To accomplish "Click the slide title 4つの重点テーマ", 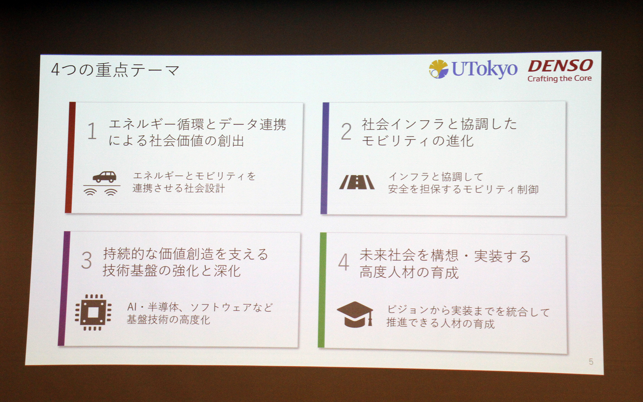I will click(x=115, y=70).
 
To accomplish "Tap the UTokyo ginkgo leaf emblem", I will click(x=438, y=69).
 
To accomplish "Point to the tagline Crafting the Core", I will click(x=559, y=79).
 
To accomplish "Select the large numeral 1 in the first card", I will click(x=92, y=131).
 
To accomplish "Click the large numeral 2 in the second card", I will click(x=346, y=132).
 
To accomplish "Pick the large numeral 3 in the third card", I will click(x=86, y=260).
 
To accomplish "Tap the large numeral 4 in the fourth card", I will click(x=344, y=262).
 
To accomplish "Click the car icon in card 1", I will click(x=104, y=177).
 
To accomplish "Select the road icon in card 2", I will click(x=357, y=183).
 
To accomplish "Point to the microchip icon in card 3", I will click(x=93, y=313).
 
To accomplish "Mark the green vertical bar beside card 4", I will click(x=322, y=290).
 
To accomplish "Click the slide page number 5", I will click(x=591, y=362).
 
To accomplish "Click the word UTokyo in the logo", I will click(x=484, y=69).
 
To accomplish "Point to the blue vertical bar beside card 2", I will click(x=325, y=158).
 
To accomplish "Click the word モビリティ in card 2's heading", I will click(x=394, y=141).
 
